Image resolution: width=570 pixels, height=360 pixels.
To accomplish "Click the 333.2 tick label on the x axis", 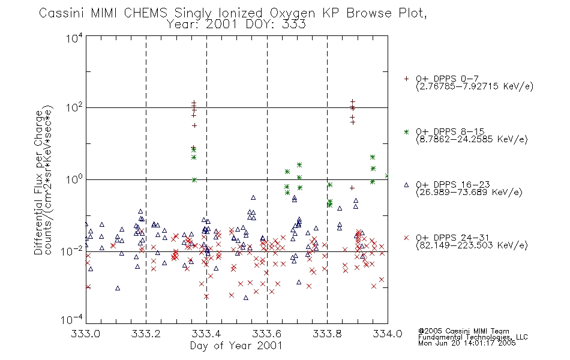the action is (x=146, y=334).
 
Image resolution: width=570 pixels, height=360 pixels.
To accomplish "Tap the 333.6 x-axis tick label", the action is (x=267, y=334).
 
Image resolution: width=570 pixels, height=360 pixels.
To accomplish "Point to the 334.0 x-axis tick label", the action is (x=388, y=334).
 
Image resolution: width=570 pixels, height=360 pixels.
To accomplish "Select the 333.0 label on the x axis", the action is (x=85, y=334).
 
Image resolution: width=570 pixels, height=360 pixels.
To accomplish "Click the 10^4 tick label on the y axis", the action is (x=74, y=38).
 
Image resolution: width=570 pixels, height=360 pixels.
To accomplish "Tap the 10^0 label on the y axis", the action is (x=74, y=179).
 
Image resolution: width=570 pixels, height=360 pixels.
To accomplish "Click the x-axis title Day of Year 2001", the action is (x=236, y=346).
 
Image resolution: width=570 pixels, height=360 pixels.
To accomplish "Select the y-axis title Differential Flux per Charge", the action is (x=39, y=182).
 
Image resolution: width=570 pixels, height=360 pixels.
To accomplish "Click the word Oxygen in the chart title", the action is (x=292, y=13).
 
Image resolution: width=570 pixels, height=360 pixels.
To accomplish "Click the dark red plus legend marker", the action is (x=406, y=79).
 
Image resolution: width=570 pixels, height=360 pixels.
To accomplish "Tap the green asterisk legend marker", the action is (x=406, y=131).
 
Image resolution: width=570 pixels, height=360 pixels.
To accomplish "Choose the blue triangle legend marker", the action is (x=406, y=185).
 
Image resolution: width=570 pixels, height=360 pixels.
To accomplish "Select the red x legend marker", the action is (x=406, y=238).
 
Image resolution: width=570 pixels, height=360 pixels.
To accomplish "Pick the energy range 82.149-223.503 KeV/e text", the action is (x=472, y=245).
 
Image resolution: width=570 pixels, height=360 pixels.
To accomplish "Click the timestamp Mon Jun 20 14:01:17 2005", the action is (x=467, y=343).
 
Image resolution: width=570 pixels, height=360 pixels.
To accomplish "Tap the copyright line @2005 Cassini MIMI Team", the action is (x=463, y=331).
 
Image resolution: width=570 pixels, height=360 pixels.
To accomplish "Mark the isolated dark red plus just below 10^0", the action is (x=352, y=188).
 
